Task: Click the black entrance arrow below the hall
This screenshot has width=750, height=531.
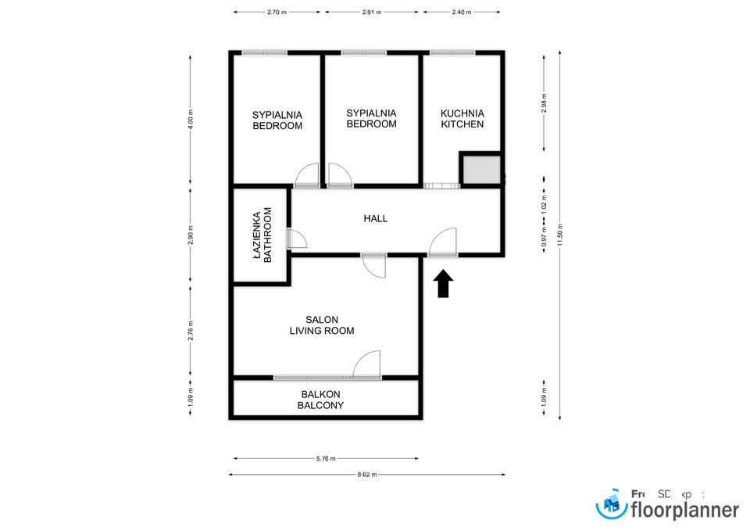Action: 443,284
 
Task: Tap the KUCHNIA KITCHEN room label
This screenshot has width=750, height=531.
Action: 462,118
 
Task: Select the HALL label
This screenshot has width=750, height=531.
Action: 375,219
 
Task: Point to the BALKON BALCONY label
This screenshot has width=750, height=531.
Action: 320,400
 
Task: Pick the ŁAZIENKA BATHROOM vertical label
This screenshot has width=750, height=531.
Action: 262,234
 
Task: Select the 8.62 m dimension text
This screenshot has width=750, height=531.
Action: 366,475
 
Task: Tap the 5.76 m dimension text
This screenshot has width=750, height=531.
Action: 324,459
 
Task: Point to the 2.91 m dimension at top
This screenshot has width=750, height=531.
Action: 373,13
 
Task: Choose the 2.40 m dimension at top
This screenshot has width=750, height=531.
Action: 462,13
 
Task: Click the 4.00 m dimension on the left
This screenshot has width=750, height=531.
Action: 190,118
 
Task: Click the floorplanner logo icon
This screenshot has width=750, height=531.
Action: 612,505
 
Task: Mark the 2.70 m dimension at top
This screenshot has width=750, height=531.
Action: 277,13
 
